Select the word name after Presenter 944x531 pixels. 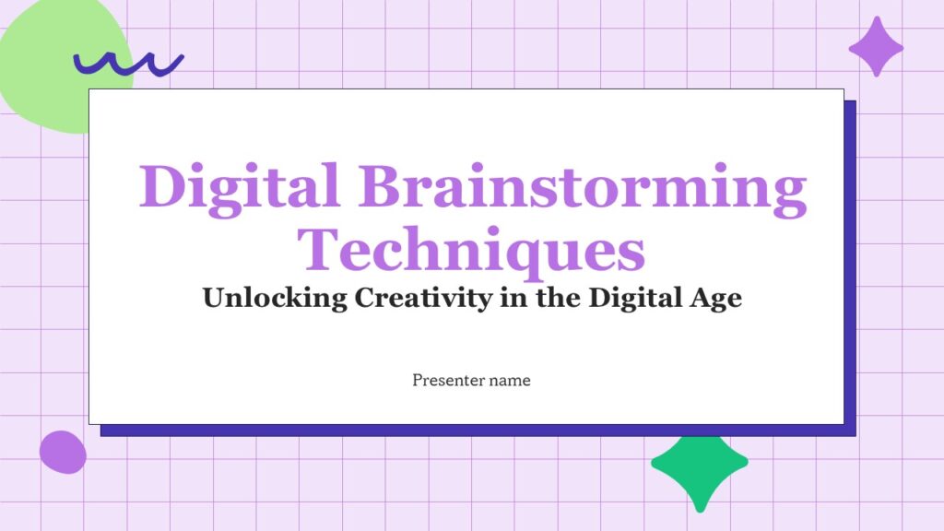tap(511, 380)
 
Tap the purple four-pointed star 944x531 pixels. tap(876, 46)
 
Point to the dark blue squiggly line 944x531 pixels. tap(128, 63)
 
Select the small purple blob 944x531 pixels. tap(63, 452)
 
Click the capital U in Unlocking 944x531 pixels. tap(215, 299)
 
